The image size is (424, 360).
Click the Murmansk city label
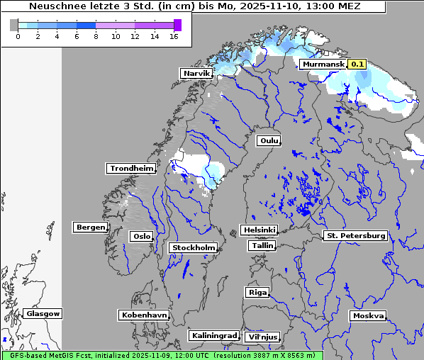pyautogui.click(x=323, y=64)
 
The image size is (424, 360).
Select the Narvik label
pyautogui.click(x=196, y=74)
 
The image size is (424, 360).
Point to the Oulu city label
pyautogui.click(x=268, y=140)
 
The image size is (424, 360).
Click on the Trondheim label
pyautogui.click(x=131, y=169)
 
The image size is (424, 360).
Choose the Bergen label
pyautogui.click(x=89, y=227)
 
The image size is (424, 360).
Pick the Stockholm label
pyautogui.click(x=193, y=247)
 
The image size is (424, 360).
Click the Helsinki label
pyautogui.click(x=259, y=230)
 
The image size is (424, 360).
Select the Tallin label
pyautogui.click(x=262, y=245)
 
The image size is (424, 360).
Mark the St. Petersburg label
pyautogui.click(x=355, y=235)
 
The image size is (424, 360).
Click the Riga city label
pyautogui.click(x=257, y=292)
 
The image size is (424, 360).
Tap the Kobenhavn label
pyautogui.click(x=144, y=315)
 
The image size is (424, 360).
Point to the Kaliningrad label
pyautogui.click(x=213, y=335)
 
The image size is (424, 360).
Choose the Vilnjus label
pyautogui.click(x=262, y=337)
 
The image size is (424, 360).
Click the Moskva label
pyautogui.click(x=368, y=316)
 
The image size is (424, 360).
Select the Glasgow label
pyautogui.click(x=43, y=313)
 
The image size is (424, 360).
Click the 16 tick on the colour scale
pyautogui.click(x=174, y=35)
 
